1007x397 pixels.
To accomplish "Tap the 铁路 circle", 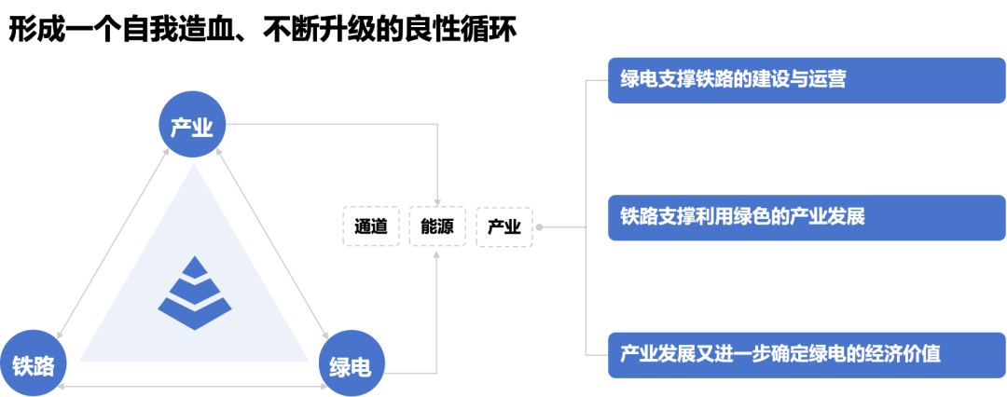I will click(x=34, y=364).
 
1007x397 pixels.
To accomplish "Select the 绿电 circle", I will click(x=351, y=366).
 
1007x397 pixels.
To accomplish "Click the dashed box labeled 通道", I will click(x=370, y=226).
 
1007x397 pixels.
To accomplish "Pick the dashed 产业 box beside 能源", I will click(x=504, y=226).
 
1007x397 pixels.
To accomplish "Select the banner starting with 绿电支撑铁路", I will click(x=807, y=79).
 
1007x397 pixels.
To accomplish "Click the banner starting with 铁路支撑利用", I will click(x=807, y=217).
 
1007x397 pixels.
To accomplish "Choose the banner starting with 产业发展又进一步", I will click(x=807, y=355).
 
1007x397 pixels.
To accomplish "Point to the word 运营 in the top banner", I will click(x=825, y=79).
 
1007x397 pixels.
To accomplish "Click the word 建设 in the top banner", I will click(x=764, y=79).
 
